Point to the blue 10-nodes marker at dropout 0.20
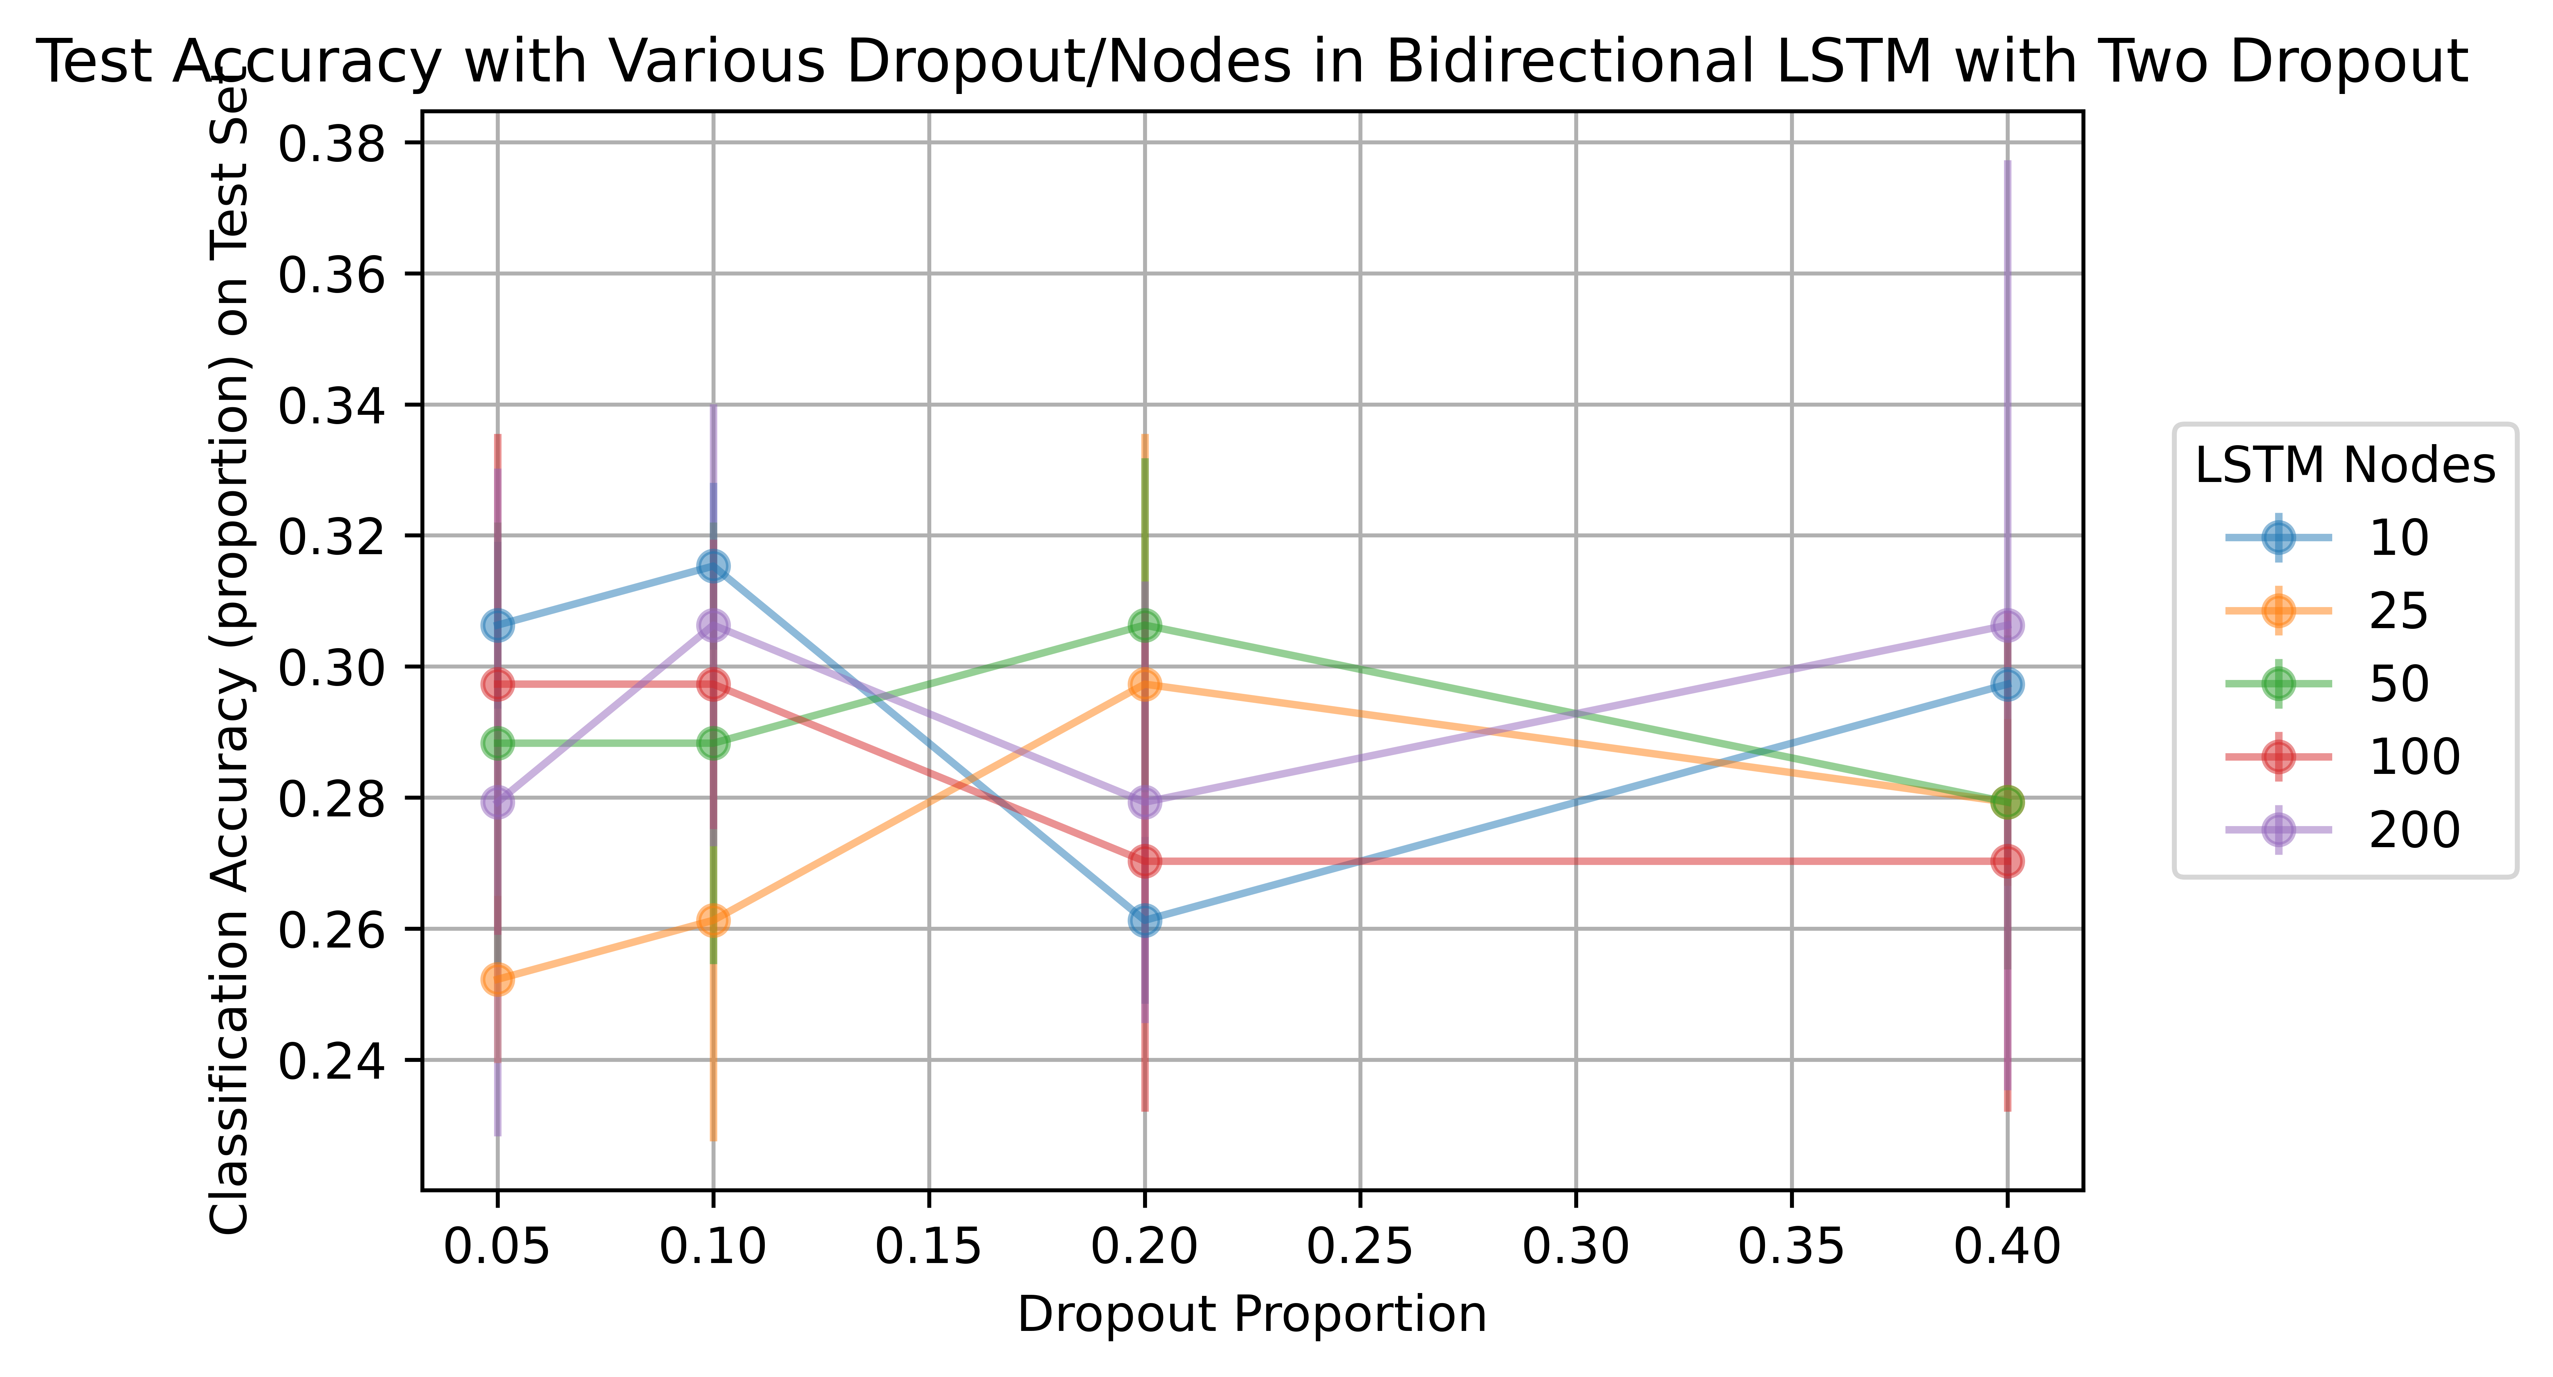[1145, 920]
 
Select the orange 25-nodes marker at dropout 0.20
[1145, 684]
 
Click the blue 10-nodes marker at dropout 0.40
[2007, 684]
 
